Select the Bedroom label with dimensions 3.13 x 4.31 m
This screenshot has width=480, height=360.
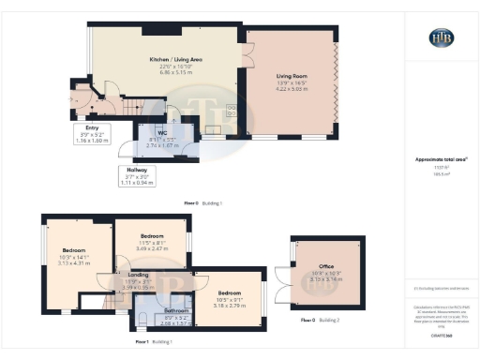pos(74,250)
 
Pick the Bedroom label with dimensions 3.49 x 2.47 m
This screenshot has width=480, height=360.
pos(152,236)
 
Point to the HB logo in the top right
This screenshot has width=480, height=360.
pos(441,37)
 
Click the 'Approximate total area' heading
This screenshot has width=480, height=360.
pos(440,160)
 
